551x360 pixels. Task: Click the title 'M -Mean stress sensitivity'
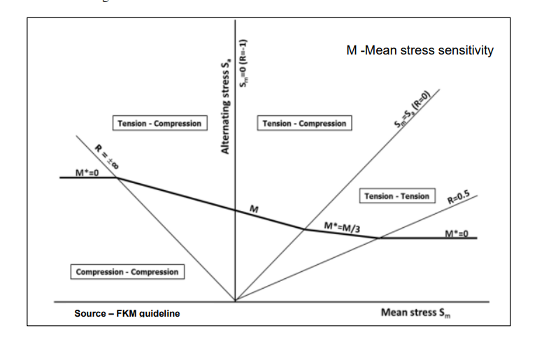(x=420, y=50)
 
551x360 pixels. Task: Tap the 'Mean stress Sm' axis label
(x=417, y=312)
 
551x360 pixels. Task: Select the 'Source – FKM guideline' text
(x=127, y=314)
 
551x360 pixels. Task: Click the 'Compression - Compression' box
(x=127, y=271)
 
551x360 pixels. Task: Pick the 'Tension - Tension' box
(x=397, y=196)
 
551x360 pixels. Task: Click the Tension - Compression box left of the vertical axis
(x=159, y=124)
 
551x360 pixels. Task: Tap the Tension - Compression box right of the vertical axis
(x=304, y=124)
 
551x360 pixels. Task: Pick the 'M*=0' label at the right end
(x=456, y=232)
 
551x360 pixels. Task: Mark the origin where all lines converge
(x=235, y=301)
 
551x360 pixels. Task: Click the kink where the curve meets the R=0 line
(x=304, y=229)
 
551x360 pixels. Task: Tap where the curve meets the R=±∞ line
(x=116, y=178)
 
